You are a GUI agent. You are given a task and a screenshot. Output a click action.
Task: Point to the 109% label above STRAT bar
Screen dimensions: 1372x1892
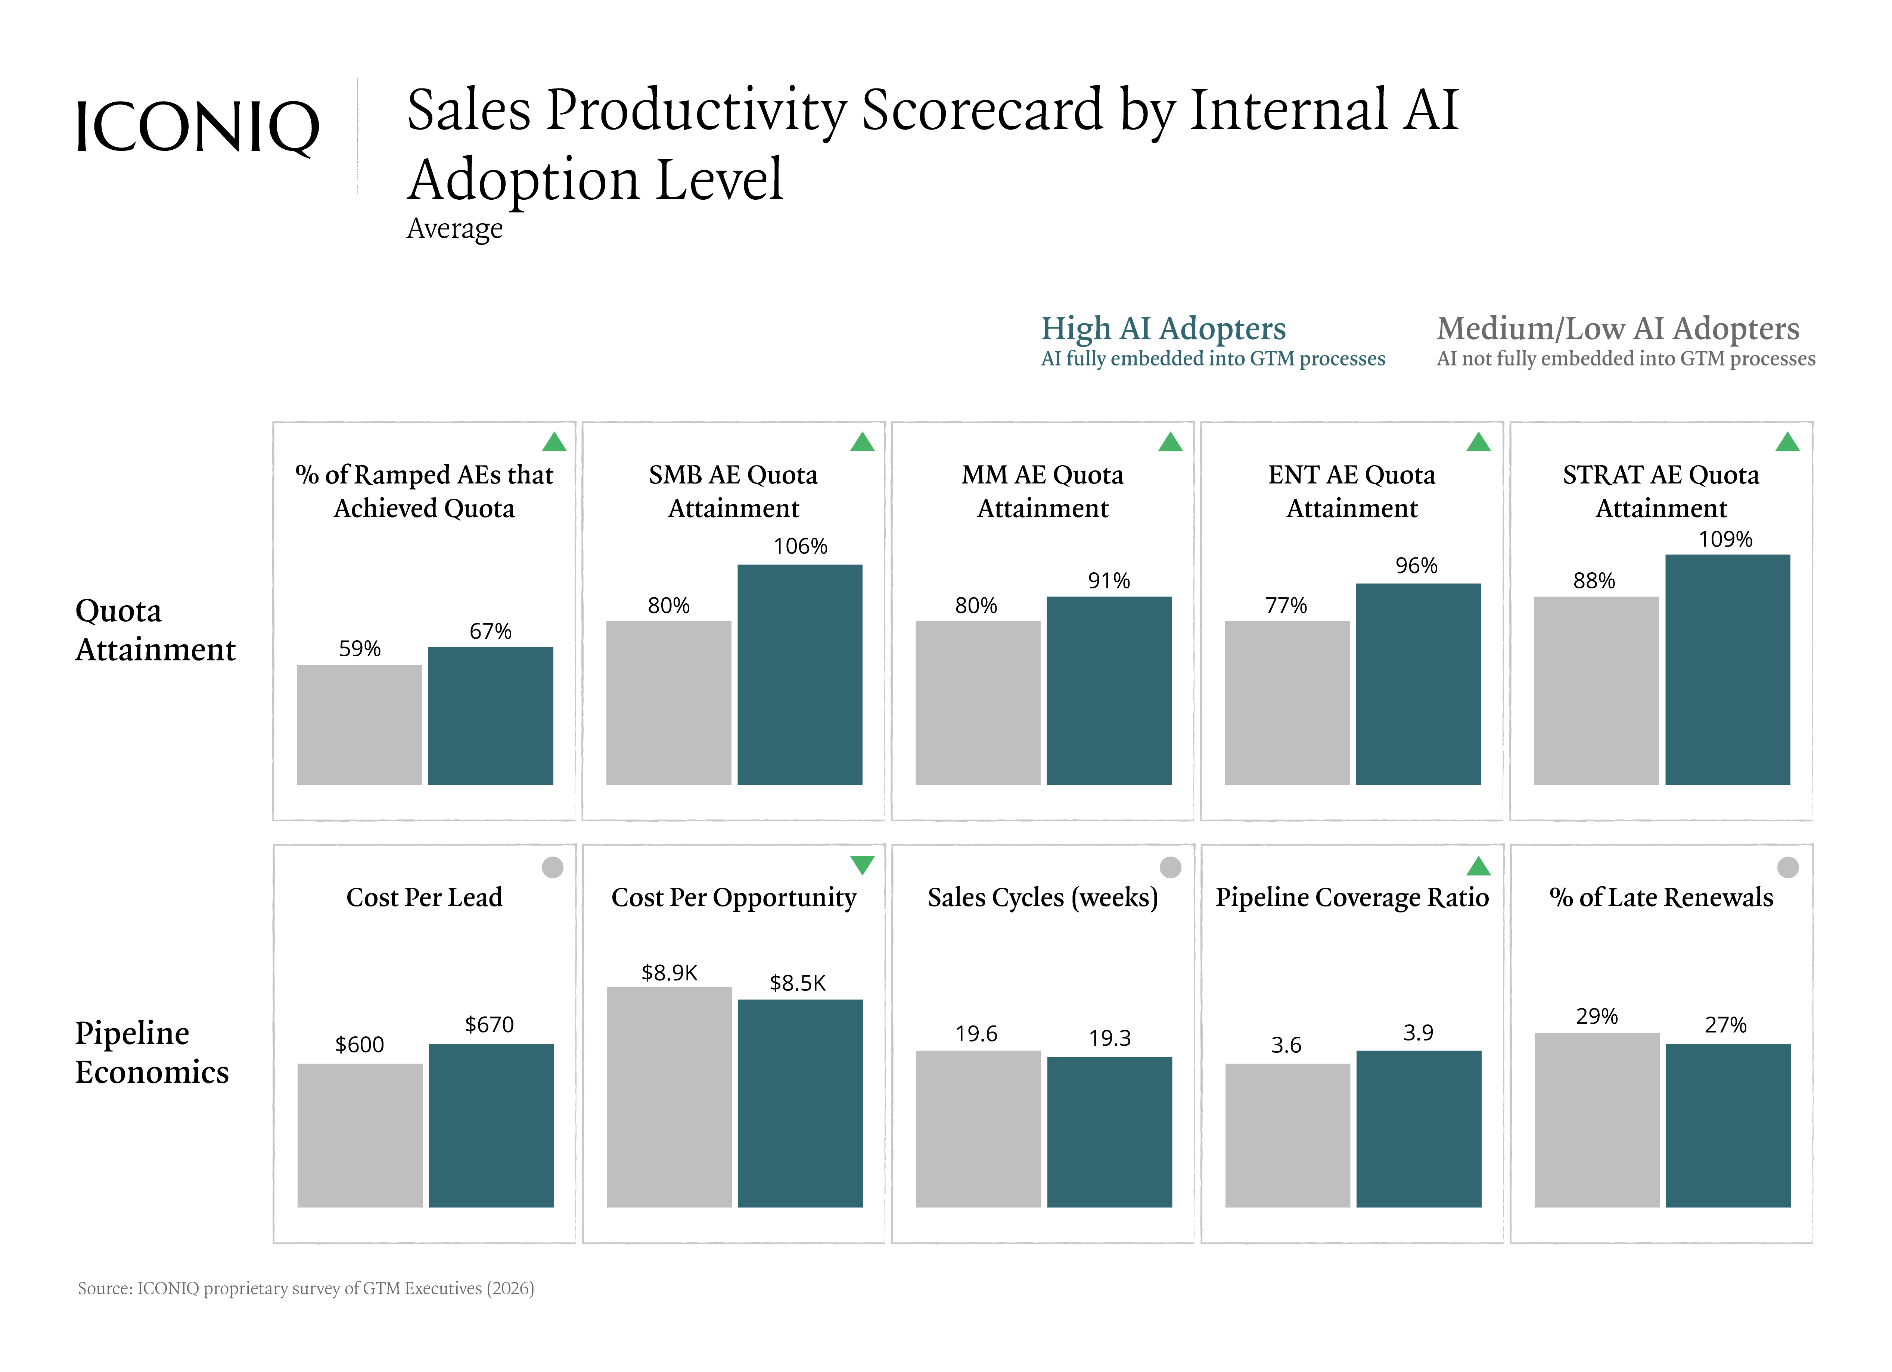click(x=1725, y=539)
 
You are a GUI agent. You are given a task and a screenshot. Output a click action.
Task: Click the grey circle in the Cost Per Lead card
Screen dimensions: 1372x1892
click(x=552, y=867)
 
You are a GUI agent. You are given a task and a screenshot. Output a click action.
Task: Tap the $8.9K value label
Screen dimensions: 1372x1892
click(x=669, y=973)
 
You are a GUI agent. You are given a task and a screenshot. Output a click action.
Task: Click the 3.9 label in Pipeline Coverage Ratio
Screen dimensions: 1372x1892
click(x=1418, y=1033)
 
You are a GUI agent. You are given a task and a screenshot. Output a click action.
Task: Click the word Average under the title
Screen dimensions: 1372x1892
click(x=455, y=228)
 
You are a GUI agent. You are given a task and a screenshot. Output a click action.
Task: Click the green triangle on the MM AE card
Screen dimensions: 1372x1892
click(x=1170, y=442)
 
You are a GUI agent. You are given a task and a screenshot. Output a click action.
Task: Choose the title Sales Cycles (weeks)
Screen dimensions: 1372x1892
click(x=1043, y=897)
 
